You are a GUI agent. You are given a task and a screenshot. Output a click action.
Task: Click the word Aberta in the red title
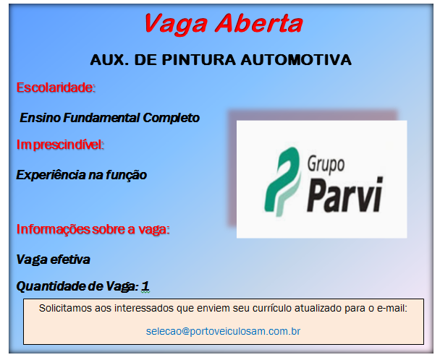pyautogui.click(x=258, y=24)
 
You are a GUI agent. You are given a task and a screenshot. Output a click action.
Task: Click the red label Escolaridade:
pyautogui.click(x=56, y=88)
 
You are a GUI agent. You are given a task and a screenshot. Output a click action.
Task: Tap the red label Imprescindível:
pyautogui.click(x=60, y=145)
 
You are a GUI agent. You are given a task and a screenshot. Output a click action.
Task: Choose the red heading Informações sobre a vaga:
pyautogui.click(x=93, y=230)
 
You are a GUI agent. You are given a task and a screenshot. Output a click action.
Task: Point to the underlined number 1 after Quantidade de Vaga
pyautogui.click(x=145, y=286)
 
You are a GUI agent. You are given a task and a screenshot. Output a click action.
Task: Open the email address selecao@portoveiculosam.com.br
pyautogui.click(x=223, y=331)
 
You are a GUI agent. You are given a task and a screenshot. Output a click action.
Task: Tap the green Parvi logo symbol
pyautogui.click(x=280, y=176)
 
